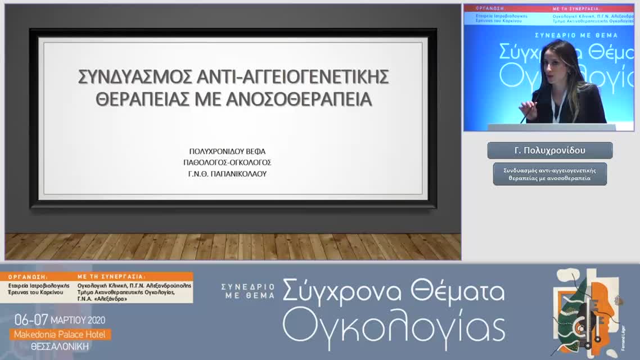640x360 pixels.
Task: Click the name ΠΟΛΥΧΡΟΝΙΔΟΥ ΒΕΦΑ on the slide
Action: tap(227, 151)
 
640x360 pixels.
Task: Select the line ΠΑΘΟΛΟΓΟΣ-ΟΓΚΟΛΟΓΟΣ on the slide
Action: tap(227, 163)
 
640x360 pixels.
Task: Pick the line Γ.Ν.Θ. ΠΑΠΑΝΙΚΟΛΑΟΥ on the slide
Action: tap(227, 174)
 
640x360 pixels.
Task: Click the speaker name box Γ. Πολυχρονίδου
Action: tap(549, 150)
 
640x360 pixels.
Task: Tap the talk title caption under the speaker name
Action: tap(549, 174)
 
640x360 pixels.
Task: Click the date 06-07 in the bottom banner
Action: tap(31, 321)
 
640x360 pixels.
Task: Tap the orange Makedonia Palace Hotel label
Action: tap(60, 334)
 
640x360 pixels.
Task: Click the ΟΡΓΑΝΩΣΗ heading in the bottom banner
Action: tap(28, 277)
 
